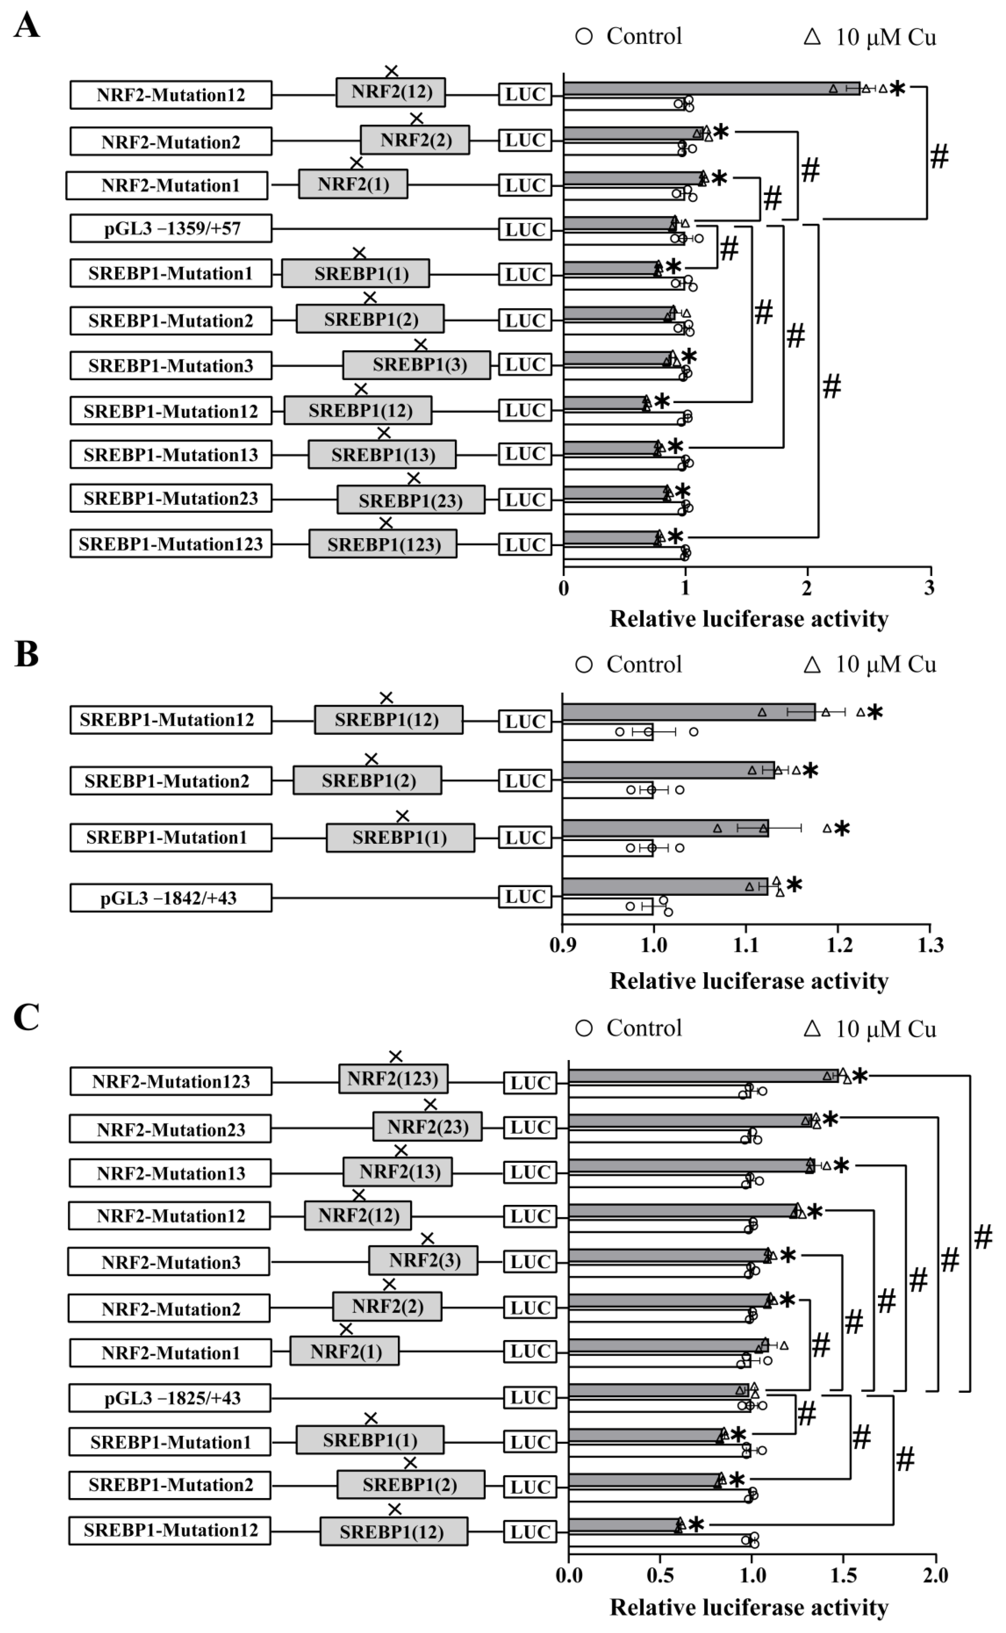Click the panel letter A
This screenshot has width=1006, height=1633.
tap(27, 27)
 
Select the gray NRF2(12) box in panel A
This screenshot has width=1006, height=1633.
tap(391, 92)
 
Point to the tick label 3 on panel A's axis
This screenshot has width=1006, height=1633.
tap(929, 587)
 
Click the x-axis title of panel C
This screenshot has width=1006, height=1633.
tap(749, 1607)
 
